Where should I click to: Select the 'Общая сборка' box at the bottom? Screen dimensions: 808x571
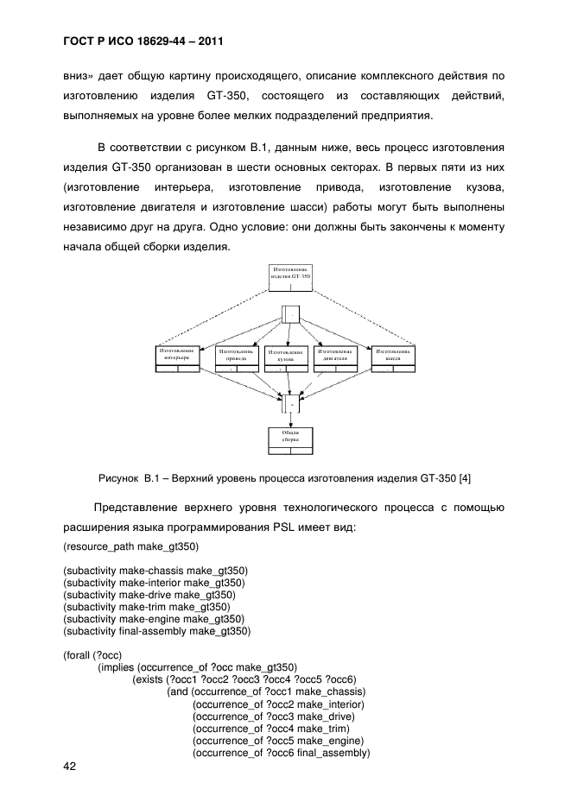pos(289,439)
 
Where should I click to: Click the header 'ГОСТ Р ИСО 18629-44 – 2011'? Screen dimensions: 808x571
pos(144,41)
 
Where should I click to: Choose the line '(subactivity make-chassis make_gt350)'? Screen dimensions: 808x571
pos(154,571)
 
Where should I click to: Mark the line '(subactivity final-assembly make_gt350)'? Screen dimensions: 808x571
pos(157,631)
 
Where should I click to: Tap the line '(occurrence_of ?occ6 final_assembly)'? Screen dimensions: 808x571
pos(281,753)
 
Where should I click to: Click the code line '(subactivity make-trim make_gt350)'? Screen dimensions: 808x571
pos(148,607)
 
